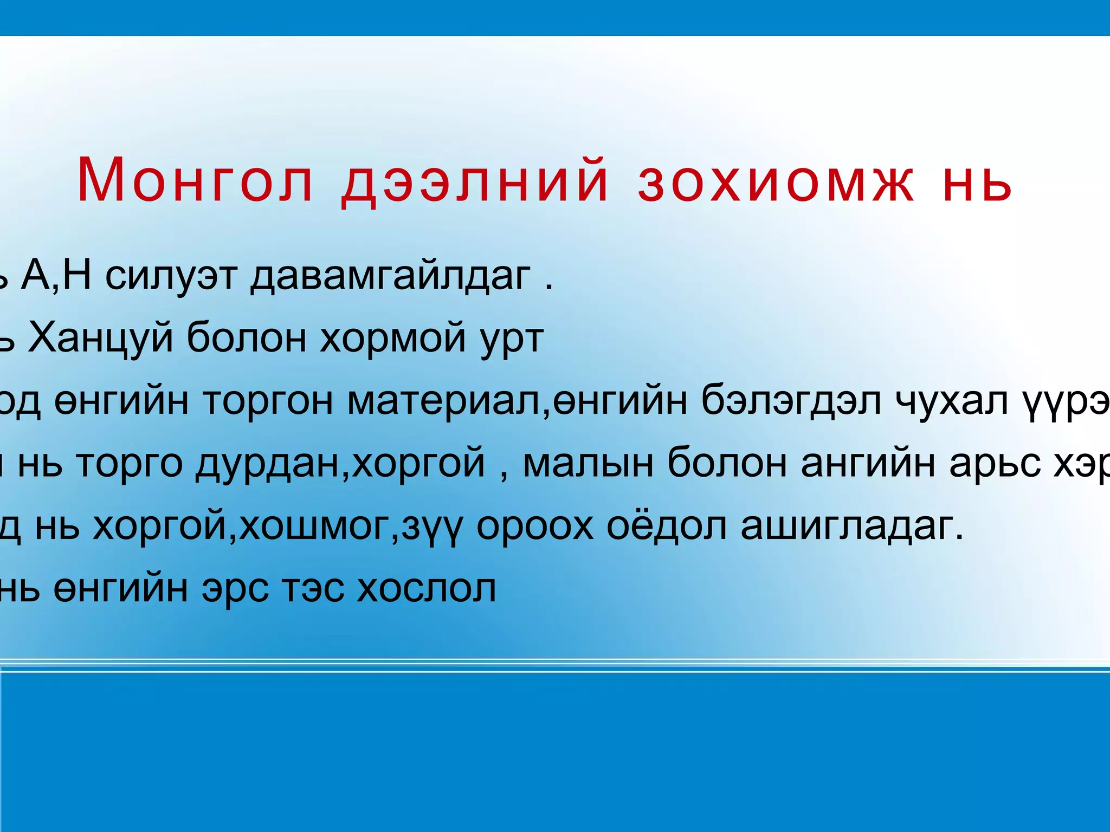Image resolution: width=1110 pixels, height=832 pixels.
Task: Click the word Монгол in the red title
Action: [x=196, y=180]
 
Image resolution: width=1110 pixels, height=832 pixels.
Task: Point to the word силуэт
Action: [x=171, y=276]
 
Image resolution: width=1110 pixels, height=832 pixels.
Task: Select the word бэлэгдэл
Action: [x=791, y=401]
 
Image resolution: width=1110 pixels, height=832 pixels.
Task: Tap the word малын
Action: [x=588, y=464]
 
